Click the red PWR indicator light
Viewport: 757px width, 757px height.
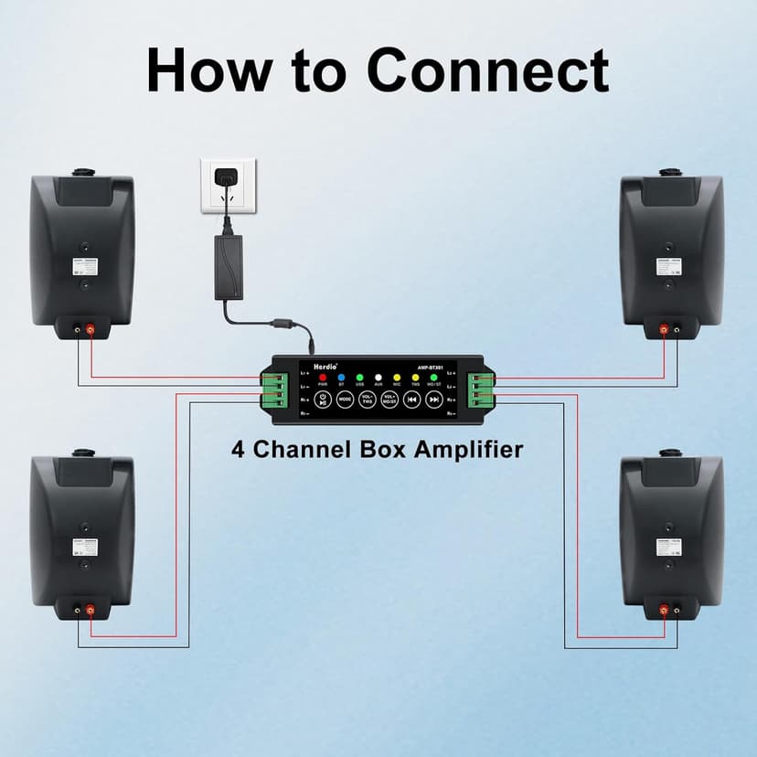coord(322,377)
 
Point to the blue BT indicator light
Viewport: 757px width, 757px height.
coord(341,377)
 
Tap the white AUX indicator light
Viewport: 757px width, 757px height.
coord(378,377)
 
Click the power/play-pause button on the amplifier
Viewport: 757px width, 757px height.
coord(323,400)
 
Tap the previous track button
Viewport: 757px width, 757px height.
coord(412,400)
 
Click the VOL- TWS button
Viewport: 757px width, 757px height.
coord(368,400)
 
